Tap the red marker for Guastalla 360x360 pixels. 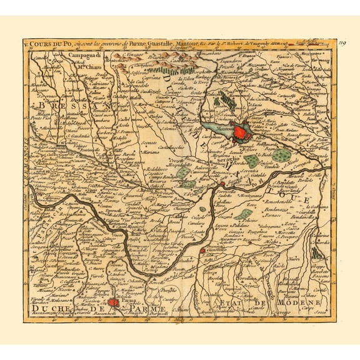pyautogui.click(x=202, y=251)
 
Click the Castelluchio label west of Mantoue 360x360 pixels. pyautogui.click(x=172, y=147)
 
